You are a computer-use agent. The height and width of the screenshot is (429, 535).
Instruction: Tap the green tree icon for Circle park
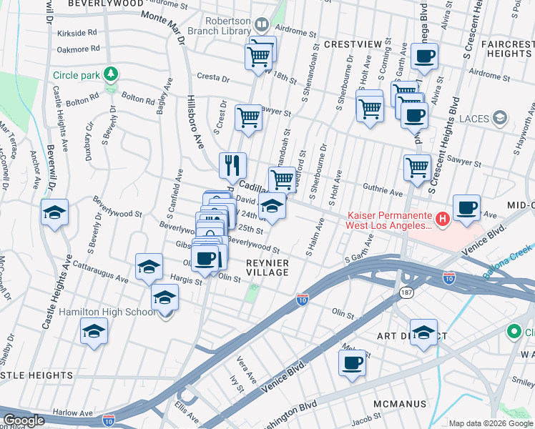[110, 74]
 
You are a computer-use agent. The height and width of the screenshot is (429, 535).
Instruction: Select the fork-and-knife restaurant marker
[232, 166]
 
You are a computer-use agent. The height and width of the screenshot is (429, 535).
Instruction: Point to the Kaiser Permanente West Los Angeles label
[390, 220]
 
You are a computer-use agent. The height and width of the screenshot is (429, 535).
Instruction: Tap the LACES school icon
[499, 117]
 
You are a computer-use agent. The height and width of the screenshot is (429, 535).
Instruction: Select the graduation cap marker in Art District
[424, 332]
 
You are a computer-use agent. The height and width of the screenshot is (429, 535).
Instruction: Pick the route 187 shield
[406, 293]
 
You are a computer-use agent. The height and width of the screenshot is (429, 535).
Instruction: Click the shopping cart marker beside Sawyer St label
[249, 117]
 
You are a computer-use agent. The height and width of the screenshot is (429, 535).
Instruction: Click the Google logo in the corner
[24, 420]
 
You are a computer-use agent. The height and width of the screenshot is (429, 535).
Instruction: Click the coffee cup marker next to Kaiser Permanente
[466, 208]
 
